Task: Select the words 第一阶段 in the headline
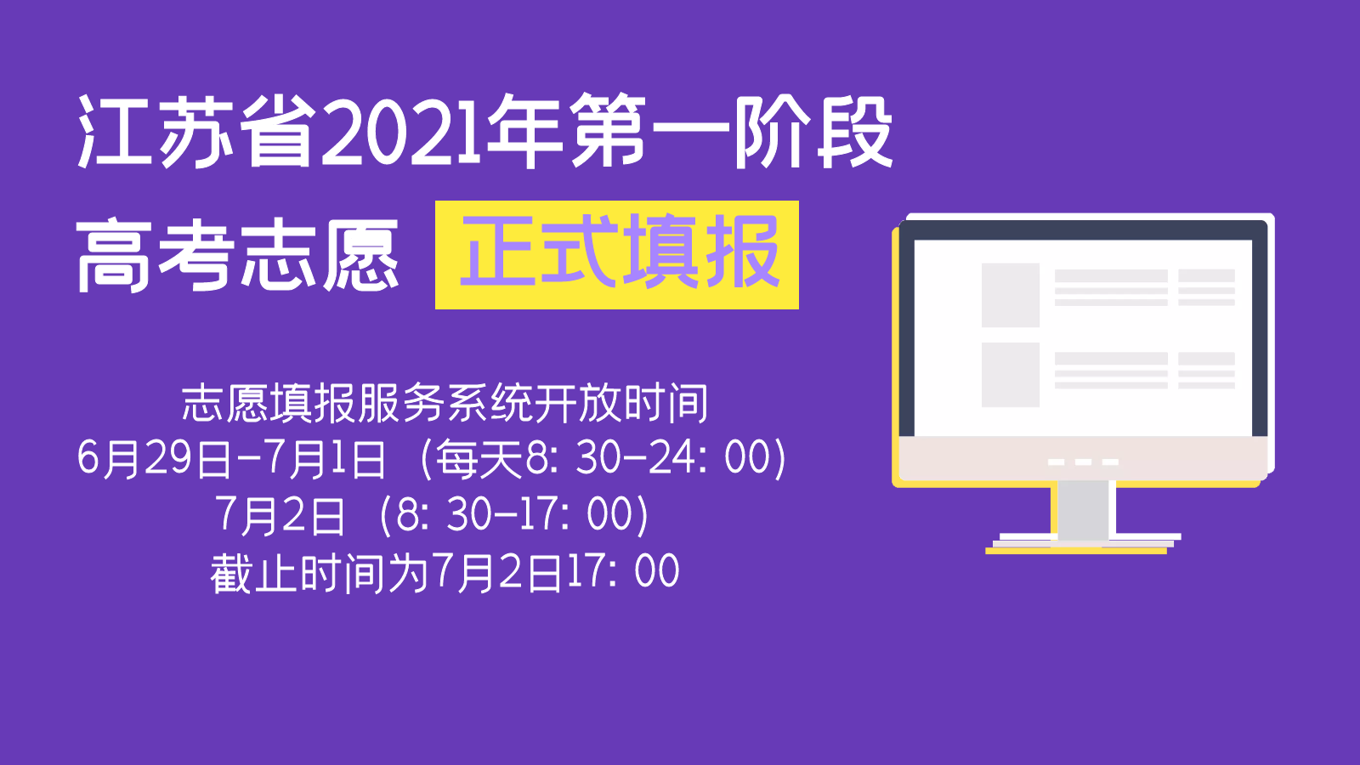coord(731,133)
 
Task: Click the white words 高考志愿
coord(238,255)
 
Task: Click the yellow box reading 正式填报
coord(617,255)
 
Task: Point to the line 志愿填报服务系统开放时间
coord(445,403)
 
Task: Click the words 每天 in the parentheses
coord(479,460)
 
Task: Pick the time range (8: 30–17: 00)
coord(515,515)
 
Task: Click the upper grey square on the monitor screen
coord(1010,295)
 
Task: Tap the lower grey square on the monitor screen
coord(1010,375)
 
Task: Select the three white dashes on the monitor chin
coord(1083,462)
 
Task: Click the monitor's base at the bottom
coord(1083,542)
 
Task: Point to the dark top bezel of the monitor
coord(1083,229)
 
